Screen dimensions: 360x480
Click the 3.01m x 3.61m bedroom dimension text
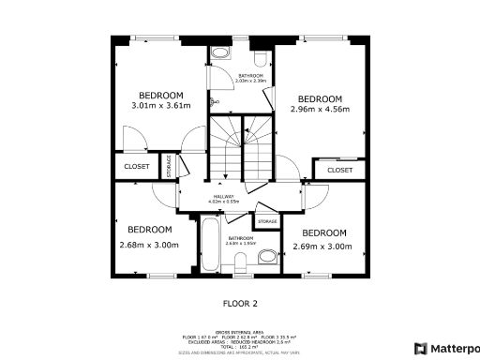point(160,106)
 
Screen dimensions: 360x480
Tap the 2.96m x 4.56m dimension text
point(320,110)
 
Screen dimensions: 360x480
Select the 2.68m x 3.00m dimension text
point(148,246)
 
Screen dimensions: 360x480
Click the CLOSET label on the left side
point(136,166)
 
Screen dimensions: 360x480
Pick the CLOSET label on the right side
point(339,170)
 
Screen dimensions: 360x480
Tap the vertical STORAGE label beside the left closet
point(170,166)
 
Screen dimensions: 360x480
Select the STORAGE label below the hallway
point(267,221)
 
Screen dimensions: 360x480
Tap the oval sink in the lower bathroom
point(265,254)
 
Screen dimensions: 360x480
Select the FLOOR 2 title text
point(239,303)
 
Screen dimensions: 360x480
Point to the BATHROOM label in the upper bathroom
point(251,75)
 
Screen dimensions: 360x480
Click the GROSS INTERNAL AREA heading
point(239,331)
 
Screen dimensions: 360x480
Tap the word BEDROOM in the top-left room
point(160,95)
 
